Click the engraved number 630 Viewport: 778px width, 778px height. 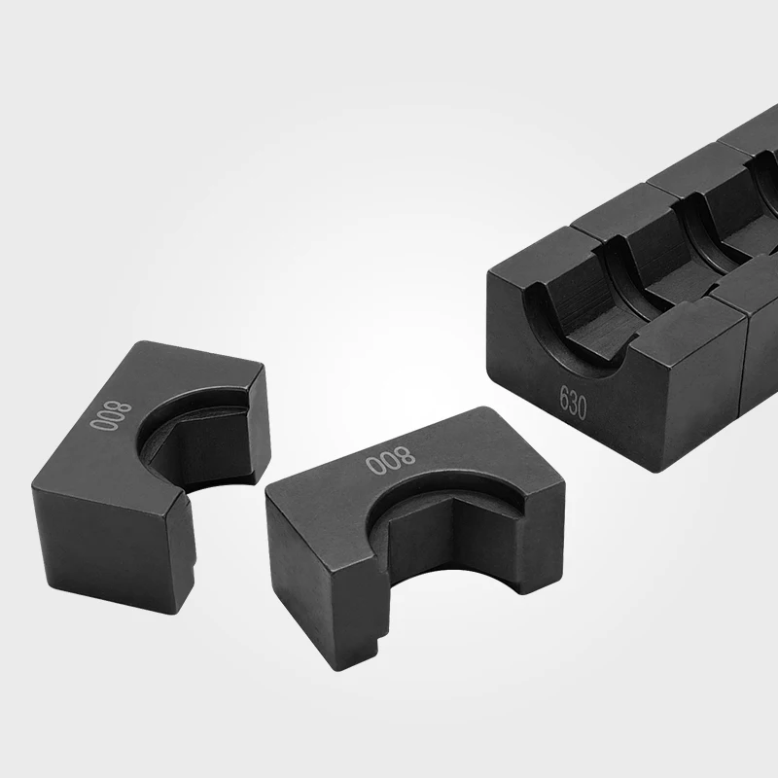(x=573, y=401)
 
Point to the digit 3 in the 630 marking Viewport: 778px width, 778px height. (x=573, y=401)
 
